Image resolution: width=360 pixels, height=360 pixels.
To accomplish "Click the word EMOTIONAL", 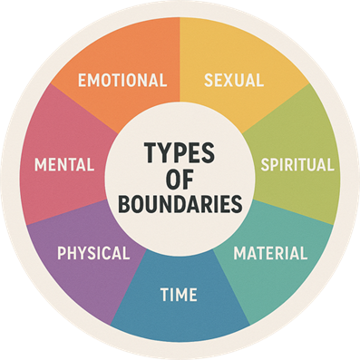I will (x=122, y=80).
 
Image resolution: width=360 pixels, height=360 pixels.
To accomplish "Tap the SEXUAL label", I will (x=234, y=80).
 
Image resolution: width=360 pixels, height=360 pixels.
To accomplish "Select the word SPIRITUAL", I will (x=297, y=166).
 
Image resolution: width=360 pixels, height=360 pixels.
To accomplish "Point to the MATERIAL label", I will (x=270, y=253).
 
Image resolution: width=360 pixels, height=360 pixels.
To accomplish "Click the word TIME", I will (x=179, y=295).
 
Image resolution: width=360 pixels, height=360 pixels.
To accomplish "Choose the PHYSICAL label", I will (x=93, y=253).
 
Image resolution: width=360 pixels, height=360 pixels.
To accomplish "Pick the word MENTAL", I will (x=64, y=166).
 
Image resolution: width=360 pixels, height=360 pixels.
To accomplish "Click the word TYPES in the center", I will (x=180, y=150).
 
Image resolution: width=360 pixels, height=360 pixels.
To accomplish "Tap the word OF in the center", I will (x=180, y=177).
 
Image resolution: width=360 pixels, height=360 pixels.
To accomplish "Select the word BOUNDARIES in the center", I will (x=180, y=203).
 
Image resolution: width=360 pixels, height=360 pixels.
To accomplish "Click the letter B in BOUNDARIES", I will (x=124, y=203).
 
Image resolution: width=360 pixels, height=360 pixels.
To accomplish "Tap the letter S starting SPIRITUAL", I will (x=265, y=166).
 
